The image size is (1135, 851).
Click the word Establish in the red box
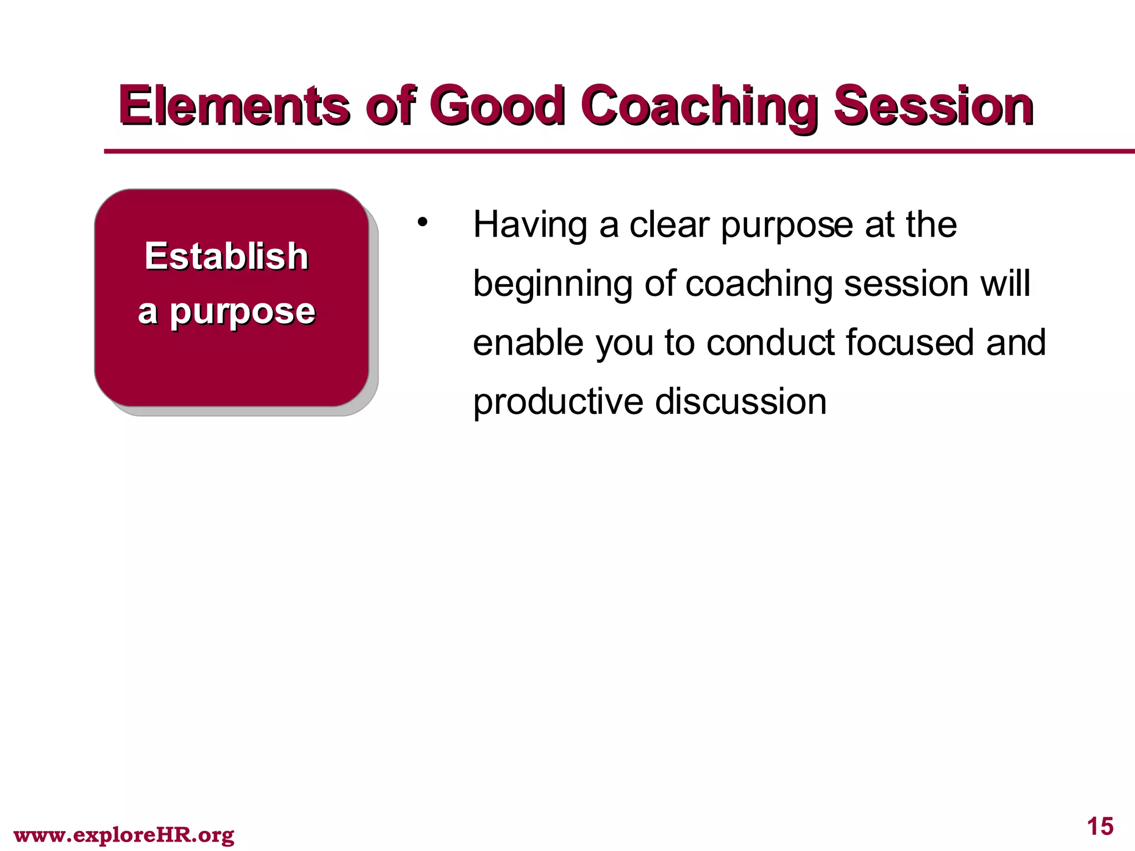(x=226, y=257)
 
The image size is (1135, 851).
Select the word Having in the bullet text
(x=530, y=225)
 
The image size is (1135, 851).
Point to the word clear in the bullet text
(x=669, y=225)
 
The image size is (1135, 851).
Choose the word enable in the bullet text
(x=528, y=343)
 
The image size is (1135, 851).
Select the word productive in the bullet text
(x=558, y=403)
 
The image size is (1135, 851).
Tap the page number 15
(x=1100, y=827)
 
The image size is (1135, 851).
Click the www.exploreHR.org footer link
(x=124, y=834)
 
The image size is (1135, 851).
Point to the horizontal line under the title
(x=610, y=151)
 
